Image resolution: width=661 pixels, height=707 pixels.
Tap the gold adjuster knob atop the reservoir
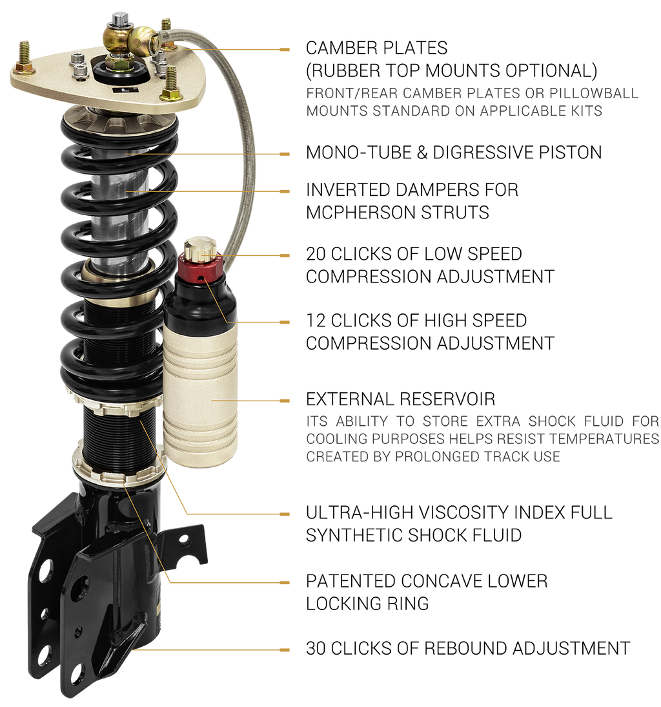click(201, 249)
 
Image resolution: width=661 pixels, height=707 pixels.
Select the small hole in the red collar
click(203, 279)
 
